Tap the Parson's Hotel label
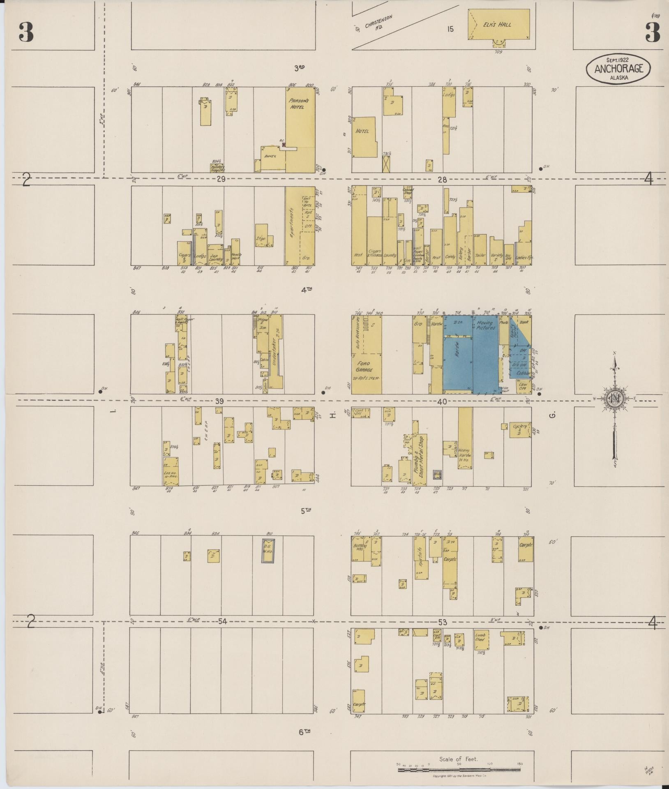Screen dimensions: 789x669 [x=295, y=104]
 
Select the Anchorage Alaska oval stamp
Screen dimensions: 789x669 [x=618, y=69]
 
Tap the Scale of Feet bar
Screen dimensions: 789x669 [x=459, y=770]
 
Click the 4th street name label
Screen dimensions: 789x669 [x=307, y=290]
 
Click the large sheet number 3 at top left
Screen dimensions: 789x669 [x=26, y=32]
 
